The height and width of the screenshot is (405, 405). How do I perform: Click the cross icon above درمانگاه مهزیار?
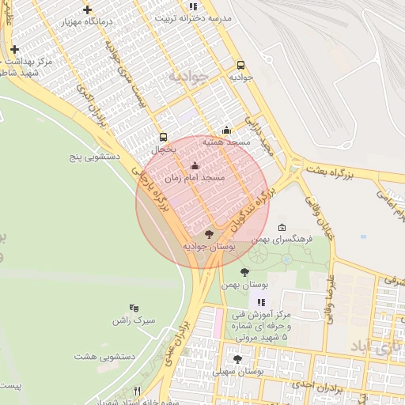pyautogui.click(x=87, y=9)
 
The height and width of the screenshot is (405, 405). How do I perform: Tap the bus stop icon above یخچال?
pyautogui.click(x=163, y=137)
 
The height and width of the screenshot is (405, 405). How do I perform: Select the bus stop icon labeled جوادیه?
pyautogui.click(x=240, y=66)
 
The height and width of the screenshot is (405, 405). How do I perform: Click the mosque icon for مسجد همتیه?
pyautogui.click(x=227, y=131)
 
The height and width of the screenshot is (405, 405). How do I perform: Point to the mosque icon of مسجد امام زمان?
pyautogui.click(x=195, y=166)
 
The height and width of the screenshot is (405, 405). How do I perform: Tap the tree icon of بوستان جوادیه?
pyautogui.click(x=209, y=234)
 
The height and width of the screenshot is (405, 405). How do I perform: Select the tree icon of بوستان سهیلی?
pyautogui.click(x=237, y=359)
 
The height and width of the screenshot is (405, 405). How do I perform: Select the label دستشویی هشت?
pyautogui.click(x=104, y=357)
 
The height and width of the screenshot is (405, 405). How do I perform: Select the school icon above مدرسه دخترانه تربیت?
pyautogui.click(x=193, y=7)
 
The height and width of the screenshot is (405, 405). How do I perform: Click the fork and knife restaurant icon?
pyautogui.click(x=138, y=391)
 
